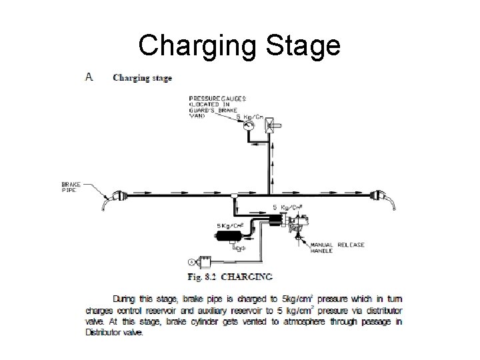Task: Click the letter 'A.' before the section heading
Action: pyautogui.click(x=89, y=77)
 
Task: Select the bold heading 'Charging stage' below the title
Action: pyautogui.click(x=142, y=77)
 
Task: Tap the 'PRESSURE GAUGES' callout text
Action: pyautogui.click(x=217, y=99)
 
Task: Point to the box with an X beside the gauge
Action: pyautogui.click(x=271, y=125)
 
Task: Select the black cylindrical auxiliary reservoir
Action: pyautogui.click(x=229, y=233)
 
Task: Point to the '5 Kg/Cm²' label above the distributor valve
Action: pyautogui.click(x=288, y=207)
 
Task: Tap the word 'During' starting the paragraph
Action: pyautogui.click(x=127, y=299)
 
